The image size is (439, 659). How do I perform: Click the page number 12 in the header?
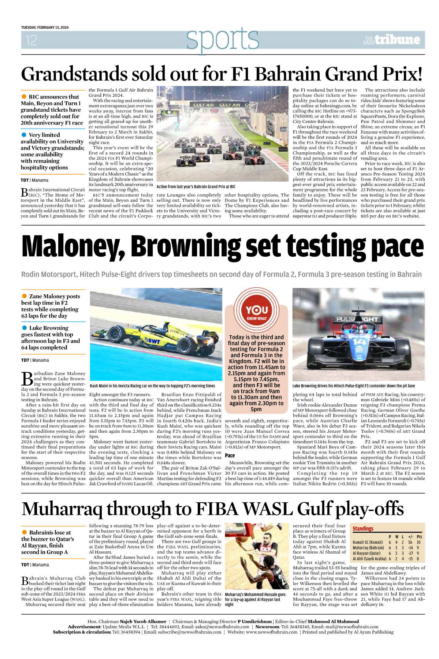coord(31,40)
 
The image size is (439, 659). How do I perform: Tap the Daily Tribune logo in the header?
coord(391,40)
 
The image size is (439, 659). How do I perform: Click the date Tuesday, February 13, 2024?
coord(45,27)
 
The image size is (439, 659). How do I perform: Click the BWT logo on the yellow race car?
coord(152,341)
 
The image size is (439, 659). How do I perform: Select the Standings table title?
coord(363,528)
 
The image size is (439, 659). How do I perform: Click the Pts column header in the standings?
coord(419,536)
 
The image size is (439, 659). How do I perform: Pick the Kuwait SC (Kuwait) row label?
coord(368,542)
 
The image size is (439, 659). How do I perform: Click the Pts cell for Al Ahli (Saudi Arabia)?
coord(418,559)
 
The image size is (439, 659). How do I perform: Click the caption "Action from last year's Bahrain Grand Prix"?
coord(196,187)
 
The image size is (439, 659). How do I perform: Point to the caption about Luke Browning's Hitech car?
coord(353,386)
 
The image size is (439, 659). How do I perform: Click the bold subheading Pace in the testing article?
coord(230,455)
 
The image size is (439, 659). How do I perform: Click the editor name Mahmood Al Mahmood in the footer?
coord(333,621)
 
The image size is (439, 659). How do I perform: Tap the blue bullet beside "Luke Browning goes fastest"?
coord(25,328)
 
